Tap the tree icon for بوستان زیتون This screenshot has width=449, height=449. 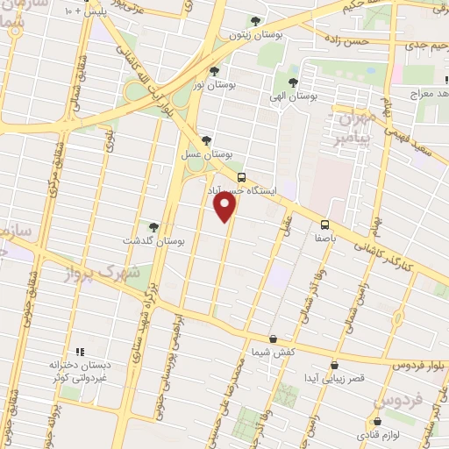[x=255, y=21]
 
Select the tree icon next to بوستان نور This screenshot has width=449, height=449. [x=214, y=72]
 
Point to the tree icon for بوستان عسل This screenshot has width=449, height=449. [x=206, y=139]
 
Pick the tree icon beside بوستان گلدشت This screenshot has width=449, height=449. [x=154, y=227]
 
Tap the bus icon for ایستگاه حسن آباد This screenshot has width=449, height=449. [x=241, y=175]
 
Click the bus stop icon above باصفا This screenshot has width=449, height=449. [x=324, y=224]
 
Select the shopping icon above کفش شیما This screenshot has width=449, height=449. [x=273, y=339]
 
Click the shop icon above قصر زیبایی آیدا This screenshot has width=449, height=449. [x=333, y=365]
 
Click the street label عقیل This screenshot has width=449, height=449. [x=286, y=225]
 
